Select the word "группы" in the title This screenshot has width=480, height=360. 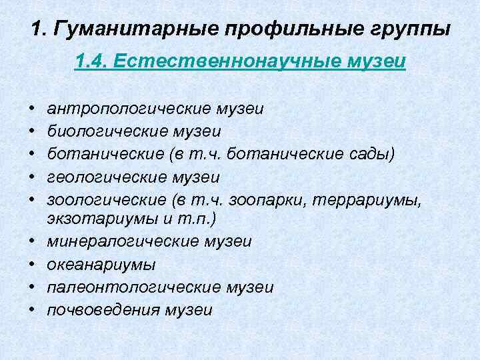coord(407,30)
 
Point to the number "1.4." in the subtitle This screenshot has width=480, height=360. coord(91,62)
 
